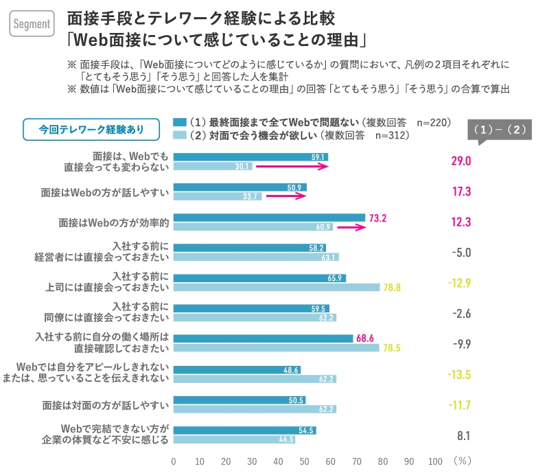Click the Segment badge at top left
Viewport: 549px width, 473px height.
(x=32, y=24)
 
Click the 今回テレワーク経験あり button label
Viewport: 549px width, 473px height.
(x=91, y=128)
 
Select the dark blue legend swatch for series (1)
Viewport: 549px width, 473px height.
(x=180, y=123)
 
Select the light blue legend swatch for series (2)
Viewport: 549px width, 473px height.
(x=180, y=135)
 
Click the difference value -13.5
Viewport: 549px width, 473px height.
(x=459, y=374)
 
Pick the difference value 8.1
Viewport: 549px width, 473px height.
(x=463, y=435)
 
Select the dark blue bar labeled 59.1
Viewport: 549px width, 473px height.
(x=250, y=157)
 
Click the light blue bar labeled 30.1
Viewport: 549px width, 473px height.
(x=213, y=166)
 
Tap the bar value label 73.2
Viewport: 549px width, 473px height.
(x=378, y=218)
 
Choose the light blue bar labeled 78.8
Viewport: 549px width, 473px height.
(x=276, y=288)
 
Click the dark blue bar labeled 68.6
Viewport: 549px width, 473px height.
(x=263, y=338)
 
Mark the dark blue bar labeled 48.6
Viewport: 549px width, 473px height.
(x=237, y=369)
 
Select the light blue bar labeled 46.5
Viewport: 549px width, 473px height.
(x=234, y=439)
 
